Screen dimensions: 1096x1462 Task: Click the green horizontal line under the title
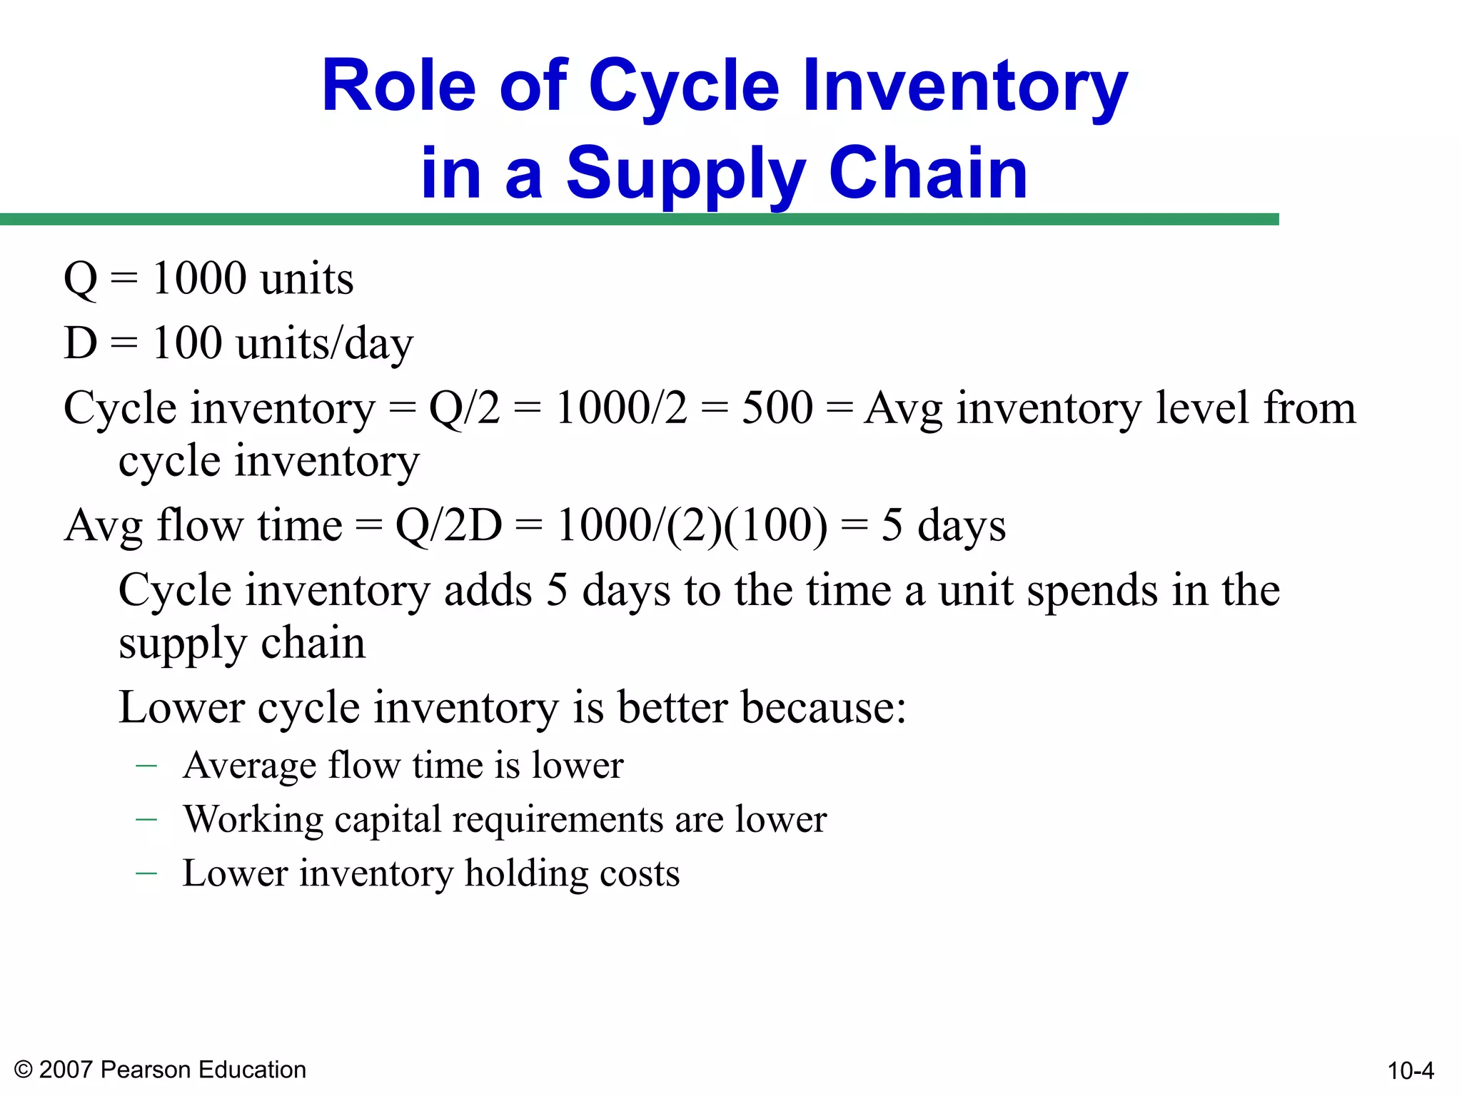(x=639, y=219)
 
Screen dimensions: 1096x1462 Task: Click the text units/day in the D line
(x=325, y=344)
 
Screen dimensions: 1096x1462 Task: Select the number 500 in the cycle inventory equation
(x=777, y=408)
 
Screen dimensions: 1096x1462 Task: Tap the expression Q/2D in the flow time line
(x=448, y=526)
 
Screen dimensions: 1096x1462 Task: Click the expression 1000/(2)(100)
(x=692, y=526)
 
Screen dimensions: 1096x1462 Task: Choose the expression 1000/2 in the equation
(x=621, y=408)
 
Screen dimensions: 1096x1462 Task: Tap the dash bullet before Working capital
(x=146, y=820)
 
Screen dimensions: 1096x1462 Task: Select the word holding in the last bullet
(x=527, y=874)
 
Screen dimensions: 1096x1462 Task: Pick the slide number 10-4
(x=1411, y=1070)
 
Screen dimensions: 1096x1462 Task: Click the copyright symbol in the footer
(x=24, y=1070)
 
